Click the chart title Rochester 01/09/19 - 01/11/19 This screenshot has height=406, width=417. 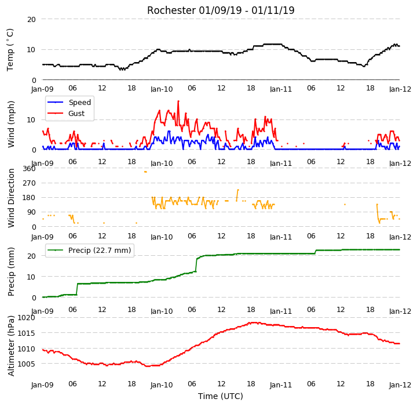[221, 10]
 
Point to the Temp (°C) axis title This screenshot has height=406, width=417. [10, 50]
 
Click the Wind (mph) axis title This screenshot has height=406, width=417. [10, 124]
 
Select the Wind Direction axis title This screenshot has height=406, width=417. [10, 198]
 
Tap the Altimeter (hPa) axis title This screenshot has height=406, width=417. [10, 346]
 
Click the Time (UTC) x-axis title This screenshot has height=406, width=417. [221, 396]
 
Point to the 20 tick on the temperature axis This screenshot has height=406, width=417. [31, 20]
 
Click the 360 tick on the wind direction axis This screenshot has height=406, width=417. [30, 169]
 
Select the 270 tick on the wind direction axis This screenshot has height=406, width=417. [30, 183]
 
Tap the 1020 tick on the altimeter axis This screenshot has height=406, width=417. [26, 318]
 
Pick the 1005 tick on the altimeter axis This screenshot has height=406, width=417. [26, 364]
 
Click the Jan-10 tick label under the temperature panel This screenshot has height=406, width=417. [162, 89]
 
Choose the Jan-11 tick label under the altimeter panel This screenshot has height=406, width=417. [281, 385]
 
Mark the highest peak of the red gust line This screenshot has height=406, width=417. [178, 101]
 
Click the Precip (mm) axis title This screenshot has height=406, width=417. [10, 272]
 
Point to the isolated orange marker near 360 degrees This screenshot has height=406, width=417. [145, 172]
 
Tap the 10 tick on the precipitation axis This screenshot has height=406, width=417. [31, 277]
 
